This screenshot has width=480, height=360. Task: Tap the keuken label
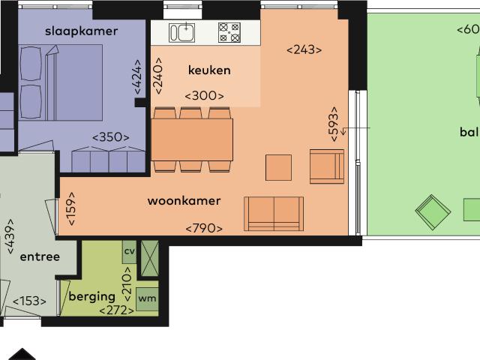(208, 70)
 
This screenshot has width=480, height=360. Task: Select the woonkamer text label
(184, 200)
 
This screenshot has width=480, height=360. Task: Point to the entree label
(40, 256)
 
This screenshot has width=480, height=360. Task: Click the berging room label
(91, 296)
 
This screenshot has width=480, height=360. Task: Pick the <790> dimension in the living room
(204, 228)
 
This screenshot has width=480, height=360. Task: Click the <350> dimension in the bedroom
(110, 137)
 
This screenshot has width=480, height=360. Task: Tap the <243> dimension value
(304, 50)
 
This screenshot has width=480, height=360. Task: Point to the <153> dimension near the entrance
(29, 301)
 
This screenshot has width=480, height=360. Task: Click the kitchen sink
(181, 32)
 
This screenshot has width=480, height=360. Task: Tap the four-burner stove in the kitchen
(229, 32)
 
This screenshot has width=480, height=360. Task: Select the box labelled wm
(146, 298)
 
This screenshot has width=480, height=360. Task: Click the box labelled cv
(129, 251)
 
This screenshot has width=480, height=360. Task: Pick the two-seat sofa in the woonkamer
(274, 214)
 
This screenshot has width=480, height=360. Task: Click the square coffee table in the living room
(278, 167)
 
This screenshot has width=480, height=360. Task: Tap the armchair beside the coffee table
(326, 166)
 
